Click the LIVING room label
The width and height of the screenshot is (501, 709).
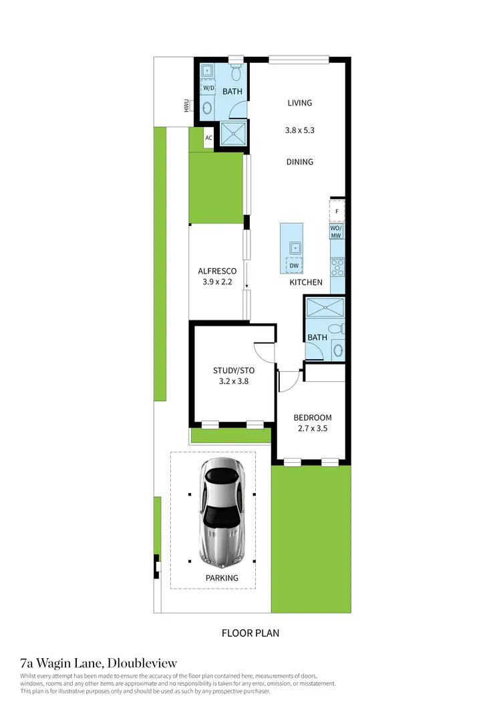point(300,103)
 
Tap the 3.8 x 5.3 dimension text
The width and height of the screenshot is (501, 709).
point(299,131)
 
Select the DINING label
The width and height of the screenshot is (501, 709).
point(299,162)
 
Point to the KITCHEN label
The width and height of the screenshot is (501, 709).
point(306,282)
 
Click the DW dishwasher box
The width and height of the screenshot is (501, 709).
point(294,266)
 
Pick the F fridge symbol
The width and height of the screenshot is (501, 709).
point(337,212)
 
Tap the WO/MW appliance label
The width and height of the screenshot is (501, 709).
point(337,231)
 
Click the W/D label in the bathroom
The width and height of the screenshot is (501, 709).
point(208,88)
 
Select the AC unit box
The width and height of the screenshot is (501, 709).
point(208,138)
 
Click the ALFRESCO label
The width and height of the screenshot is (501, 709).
point(217,271)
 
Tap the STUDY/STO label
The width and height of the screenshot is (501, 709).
point(234,371)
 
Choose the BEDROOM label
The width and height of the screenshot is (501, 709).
point(313,418)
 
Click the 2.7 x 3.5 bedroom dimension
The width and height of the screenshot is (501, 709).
point(313,431)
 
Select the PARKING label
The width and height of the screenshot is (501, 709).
point(222,578)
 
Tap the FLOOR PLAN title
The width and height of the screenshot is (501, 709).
point(251,633)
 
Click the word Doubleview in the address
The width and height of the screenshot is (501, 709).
point(140,664)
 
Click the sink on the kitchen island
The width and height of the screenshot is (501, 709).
point(294,247)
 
